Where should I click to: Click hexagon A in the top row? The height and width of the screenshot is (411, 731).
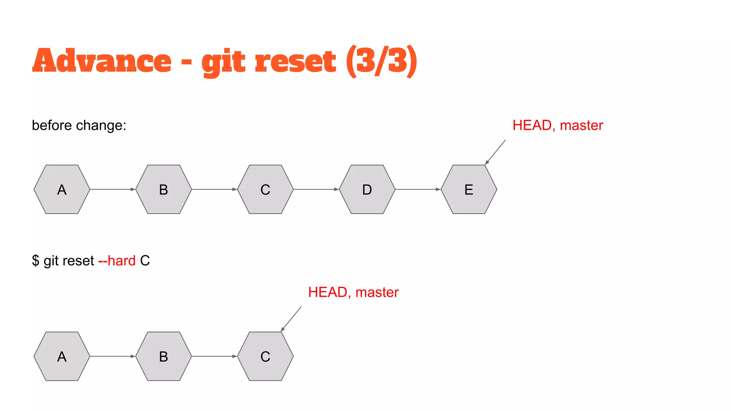point(62,189)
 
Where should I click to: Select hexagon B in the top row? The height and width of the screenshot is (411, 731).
point(163,189)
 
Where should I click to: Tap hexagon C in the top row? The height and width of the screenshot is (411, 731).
point(265,189)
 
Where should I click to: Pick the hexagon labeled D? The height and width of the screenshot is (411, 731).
point(367,189)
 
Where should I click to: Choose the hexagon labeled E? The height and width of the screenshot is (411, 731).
point(469,189)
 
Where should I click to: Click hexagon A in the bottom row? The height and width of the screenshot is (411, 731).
point(62,356)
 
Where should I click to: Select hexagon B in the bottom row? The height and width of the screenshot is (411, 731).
point(163,356)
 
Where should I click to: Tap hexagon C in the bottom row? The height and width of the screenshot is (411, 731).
point(265,356)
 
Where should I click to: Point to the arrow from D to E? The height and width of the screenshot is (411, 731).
point(418,189)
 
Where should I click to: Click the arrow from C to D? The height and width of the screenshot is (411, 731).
point(316,189)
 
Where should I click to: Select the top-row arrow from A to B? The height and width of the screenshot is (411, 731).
point(112,189)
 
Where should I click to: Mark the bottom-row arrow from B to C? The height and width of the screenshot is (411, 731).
point(214,356)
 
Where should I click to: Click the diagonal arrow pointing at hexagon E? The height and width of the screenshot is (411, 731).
point(495,152)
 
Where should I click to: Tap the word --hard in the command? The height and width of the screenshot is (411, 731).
point(117,261)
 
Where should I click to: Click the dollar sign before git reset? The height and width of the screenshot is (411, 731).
point(35,261)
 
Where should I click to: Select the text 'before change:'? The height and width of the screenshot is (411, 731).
point(79,126)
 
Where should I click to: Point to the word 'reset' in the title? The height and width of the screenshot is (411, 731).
point(295,61)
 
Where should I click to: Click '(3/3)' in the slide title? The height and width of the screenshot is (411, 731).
point(381,61)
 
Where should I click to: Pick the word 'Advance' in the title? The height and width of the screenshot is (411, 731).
point(102,61)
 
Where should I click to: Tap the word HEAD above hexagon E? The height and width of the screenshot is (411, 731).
point(532,126)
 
